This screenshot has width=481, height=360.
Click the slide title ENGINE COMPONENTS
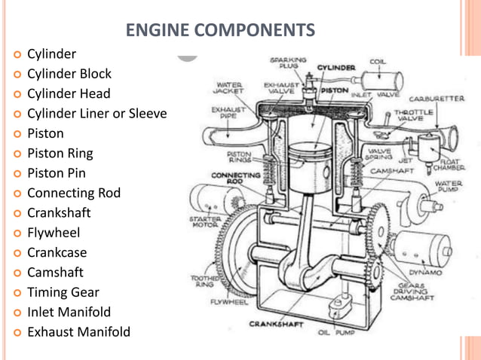(x=220, y=30)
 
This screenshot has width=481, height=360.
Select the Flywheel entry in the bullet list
(x=54, y=233)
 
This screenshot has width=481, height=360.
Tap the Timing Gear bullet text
(x=63, y=292)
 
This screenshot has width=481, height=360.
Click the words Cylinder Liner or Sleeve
(x=97, y=114)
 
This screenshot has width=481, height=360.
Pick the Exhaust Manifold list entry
(x=78, y=331)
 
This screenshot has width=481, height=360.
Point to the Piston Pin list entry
(x=57, y=173)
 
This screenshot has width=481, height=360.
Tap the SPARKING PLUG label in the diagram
(x=288, y=63)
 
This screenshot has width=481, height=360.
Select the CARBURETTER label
(x=437, y=99)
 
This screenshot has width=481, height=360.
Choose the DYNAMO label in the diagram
(x=426, y=273)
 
